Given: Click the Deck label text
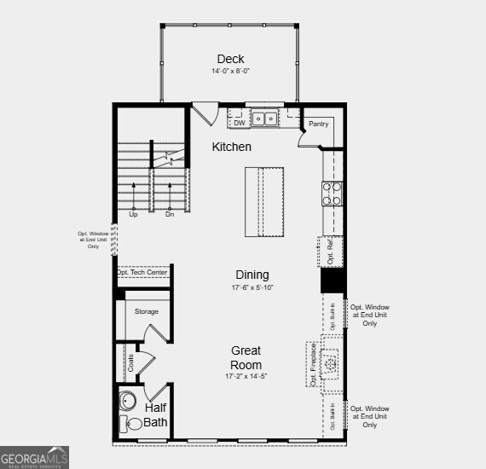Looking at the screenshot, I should pyautogui.click(x=230, y=59).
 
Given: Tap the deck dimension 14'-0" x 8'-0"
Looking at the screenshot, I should pyautogui.click(x=230, y=71).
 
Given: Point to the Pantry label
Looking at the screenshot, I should pyautogui.click(x=318, y=124).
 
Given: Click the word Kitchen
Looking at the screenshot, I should pyautogui.click(x=231, y=147).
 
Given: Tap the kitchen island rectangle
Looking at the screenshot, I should pyautogui.click(x=264, y=202).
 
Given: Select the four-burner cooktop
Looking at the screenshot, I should pyautogui.click(x=332, y=194).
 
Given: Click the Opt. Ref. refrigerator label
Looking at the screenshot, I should pyautogui.click(x=331, y=248).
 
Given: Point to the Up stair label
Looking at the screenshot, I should pyautogui.click(x=133, y=215).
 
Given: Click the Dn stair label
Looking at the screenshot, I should pyautogui.click(x=169, y=215).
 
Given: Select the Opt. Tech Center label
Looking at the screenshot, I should pyautogui.click(x=142, y=273).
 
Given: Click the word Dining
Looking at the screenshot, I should pyautogui.click(x=252, y=275).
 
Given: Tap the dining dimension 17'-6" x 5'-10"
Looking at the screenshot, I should pyautogui.click(x=252, y=288).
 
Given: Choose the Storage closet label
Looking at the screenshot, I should pyautogui.click(x=146, y=311).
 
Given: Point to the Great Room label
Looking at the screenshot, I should pyautogui.click(x=245, y=357).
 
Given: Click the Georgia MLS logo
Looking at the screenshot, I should pyautogui.click(x=34, y=457).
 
